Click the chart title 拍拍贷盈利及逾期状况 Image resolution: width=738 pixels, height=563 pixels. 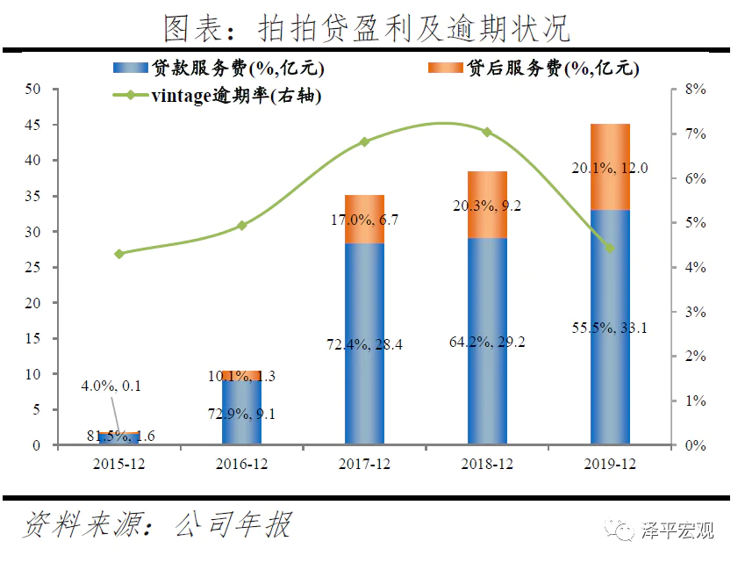368,28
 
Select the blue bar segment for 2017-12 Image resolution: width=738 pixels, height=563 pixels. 364,343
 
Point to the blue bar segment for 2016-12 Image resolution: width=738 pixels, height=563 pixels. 242,413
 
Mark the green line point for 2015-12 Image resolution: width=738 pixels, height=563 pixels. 119,254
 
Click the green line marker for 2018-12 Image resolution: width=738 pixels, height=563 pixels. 487,132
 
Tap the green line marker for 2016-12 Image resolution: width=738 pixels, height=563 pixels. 242,226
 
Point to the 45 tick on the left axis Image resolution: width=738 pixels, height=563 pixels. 33,125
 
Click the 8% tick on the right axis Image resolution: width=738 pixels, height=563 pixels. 695,89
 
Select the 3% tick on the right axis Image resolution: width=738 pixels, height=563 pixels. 695,312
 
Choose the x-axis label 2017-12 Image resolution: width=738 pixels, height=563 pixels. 364,462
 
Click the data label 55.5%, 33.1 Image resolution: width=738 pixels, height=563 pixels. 611,328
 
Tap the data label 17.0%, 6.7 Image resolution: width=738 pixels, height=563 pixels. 365,220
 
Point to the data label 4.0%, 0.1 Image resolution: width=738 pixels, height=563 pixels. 111,386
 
